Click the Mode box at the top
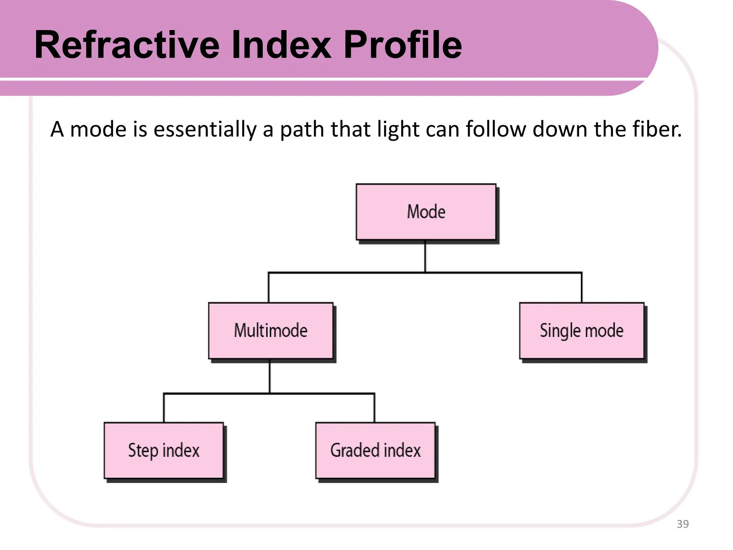pos(426,212)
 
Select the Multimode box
pos(271,331)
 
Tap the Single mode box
pos(582,331)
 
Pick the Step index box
pos(164,450)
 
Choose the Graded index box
pos(375,450)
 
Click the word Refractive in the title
pos(127,45)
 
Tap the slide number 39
pos(683,524)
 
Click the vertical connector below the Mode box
pos(425,256)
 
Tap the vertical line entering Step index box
pos(164,408)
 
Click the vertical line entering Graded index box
pos(374,408)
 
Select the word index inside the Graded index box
pos(402,450)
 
